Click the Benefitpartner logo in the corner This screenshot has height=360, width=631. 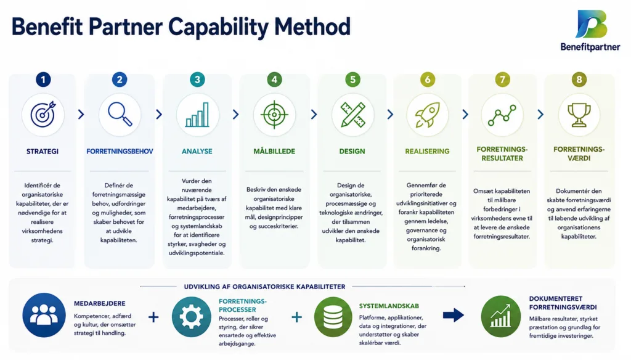click(590, 31)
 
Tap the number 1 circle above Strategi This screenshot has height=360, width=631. click(43, 80)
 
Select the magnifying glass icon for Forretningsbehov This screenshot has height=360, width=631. click(120, 115)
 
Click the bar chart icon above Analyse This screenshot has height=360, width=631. click(197, 115)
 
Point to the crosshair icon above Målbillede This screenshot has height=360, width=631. click(274, 115)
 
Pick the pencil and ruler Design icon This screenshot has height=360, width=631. click(352, 115)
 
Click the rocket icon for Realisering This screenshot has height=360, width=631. click(428, 115)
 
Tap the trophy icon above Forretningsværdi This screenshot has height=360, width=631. click(579, 115)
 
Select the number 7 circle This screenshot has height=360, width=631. click(502, 80)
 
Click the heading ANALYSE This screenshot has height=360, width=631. click(197, 152)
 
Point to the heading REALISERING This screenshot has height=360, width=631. click(427, 152)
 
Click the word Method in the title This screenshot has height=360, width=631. click(312, 27)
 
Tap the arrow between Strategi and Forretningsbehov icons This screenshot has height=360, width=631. click(81, 115)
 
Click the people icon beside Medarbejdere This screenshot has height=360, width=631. click(44, 315)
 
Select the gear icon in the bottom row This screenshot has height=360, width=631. click(191, 317)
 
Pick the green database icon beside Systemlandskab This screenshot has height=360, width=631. click(333, 317)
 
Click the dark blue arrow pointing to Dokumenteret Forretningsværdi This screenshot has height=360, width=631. click(454, 315)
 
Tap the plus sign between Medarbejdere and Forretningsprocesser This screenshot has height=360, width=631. click(153, 317)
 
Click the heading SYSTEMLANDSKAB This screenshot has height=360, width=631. click(389, 306)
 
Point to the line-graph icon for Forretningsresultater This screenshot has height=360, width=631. click(502, 115)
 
